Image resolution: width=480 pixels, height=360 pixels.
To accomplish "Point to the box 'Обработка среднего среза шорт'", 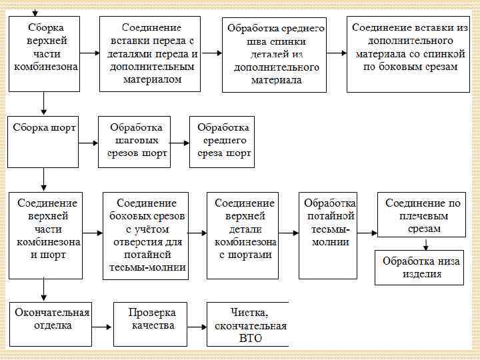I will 223,141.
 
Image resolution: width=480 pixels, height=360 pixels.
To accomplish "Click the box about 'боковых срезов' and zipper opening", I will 146,235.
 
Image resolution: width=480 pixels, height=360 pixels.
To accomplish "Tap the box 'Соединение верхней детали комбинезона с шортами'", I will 244,235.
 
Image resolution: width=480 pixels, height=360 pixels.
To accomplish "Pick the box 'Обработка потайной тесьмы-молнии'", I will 328,235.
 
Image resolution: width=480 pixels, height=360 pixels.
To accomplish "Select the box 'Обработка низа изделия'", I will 420,267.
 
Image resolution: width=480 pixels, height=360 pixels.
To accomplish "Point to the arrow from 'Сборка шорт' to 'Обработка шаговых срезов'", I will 89,142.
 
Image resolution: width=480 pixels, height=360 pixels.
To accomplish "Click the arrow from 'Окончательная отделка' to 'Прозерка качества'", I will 101,327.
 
